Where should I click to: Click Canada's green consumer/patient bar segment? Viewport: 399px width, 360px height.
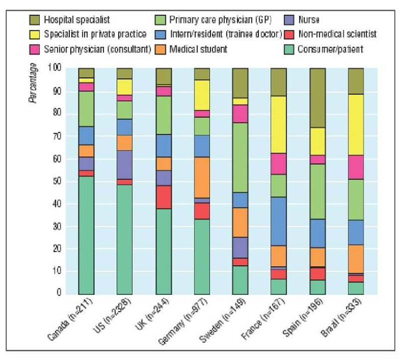86,235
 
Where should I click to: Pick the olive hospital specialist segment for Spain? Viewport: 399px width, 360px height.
317,98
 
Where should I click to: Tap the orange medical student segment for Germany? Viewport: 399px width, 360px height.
202,177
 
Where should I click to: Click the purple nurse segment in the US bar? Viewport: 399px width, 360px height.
125,165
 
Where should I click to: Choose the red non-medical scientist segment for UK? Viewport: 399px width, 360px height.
163,197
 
